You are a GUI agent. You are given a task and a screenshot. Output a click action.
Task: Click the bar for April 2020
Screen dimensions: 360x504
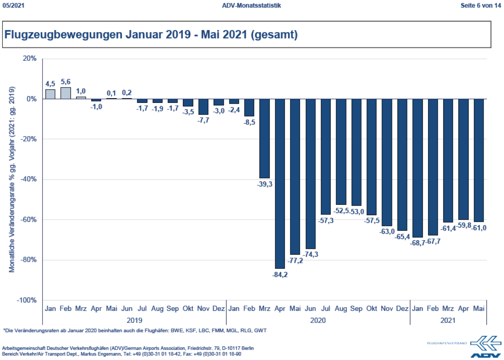279,183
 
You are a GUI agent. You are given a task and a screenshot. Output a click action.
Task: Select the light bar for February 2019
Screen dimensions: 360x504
65,93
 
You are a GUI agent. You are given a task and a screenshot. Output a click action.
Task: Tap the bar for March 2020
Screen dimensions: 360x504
264,138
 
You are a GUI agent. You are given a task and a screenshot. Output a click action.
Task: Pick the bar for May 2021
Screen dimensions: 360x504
478,160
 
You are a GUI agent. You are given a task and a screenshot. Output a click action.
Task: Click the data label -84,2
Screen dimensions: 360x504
279,275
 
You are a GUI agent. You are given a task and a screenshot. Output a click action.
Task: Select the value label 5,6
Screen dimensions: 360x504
66,82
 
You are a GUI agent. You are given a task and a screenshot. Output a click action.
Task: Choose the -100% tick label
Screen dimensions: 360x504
26,300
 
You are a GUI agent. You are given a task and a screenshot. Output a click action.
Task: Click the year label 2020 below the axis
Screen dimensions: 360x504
318,320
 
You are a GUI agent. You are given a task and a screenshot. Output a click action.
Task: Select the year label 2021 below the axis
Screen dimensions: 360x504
448,320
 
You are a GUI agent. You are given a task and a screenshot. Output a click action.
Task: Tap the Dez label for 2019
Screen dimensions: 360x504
219,309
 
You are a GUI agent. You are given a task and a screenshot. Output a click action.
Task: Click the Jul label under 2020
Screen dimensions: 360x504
326,309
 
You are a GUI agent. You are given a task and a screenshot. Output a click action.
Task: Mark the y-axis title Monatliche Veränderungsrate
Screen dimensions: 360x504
12,179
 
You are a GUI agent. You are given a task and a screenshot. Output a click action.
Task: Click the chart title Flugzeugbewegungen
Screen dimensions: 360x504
151,35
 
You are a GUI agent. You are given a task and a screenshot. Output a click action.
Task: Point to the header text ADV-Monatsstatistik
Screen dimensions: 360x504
252,5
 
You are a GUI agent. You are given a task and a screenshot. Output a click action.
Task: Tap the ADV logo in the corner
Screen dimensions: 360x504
484,346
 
